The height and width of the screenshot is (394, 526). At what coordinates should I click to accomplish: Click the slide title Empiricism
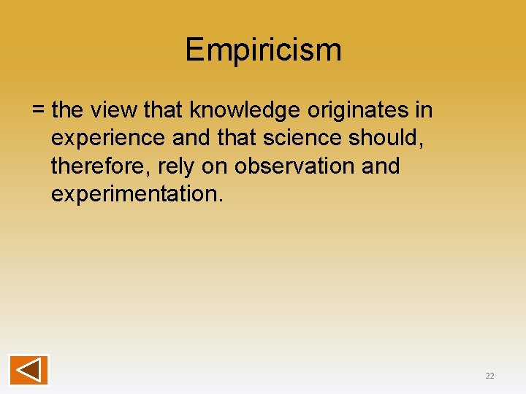pyautogui.click(x=263, y=50)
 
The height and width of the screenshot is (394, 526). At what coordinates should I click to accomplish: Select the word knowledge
pyautogui.click(x=245, y=110)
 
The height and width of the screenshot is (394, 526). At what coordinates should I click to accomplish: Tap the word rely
pyautogui.click(x=176, y=166)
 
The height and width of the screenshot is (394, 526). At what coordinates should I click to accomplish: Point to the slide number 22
pyautogui.click(x=489, y=376)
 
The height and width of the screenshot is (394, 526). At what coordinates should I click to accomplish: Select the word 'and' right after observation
pyautogui.click(x=381, y=166)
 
